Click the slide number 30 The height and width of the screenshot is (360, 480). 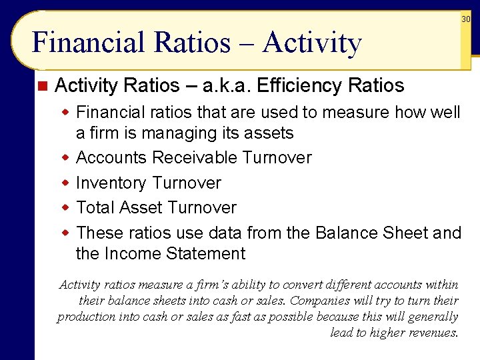(x=466, y=19)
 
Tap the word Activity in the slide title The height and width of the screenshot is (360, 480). (x=312, y=43)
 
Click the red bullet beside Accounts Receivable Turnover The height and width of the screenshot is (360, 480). (x=66, y=158)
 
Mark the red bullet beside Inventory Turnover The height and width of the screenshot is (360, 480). (x=66, y=183)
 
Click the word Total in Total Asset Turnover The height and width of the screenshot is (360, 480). (x=97, y=207)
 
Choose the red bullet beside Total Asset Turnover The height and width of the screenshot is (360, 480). (x=66, y=207)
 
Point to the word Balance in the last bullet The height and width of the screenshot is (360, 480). (x=347, y=233)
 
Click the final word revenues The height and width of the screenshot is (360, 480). (x=433, y=333)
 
